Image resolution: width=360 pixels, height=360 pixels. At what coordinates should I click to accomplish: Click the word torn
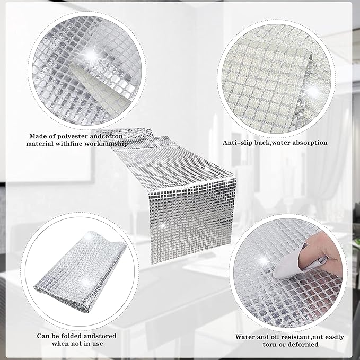pyautogui.click(x=270, y=345)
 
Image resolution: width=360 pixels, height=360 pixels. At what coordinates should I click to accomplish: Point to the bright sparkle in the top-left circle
pyautogui.click(x=91, y=55)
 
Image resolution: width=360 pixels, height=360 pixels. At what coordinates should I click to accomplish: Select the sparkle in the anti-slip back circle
pyautogui.click(x=312, y=91)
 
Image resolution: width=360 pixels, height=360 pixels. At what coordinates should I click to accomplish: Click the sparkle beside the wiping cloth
pyautogui.click(x=264, y=261)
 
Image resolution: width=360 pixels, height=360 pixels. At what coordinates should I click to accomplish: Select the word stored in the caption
pyautogui.click(x=106, y=336)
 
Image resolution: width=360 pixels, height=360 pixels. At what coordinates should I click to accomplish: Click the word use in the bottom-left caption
pyautogui.click(x=98, y=344)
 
